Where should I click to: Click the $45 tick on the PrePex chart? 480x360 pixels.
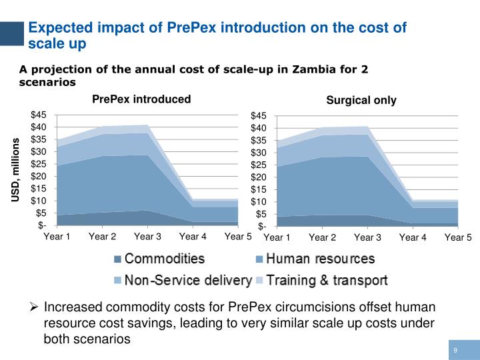click(x=39, y=115)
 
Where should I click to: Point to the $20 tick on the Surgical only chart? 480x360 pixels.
click(x=259, y=177)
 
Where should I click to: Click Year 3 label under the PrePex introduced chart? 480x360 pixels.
click(x=147, y=237)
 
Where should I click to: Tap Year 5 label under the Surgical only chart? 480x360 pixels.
click(x=458, y=237)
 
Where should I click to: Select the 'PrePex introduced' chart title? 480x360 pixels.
click(x=141, y=99)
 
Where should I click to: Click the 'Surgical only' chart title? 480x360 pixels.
click(x=361, y=101)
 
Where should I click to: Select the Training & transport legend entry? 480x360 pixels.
click(x=327, y=280)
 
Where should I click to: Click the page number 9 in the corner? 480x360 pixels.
click(x=455, y=351)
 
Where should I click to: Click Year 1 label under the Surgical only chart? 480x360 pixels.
click(x=277, y=237)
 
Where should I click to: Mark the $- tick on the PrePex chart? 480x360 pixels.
click(x=41, y=225)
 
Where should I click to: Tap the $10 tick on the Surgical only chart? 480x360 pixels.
click(x=259, y=201)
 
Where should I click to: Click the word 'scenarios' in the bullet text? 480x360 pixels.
click(x=102, y=339)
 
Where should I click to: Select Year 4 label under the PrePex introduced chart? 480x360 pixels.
click(x=193, y=237)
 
